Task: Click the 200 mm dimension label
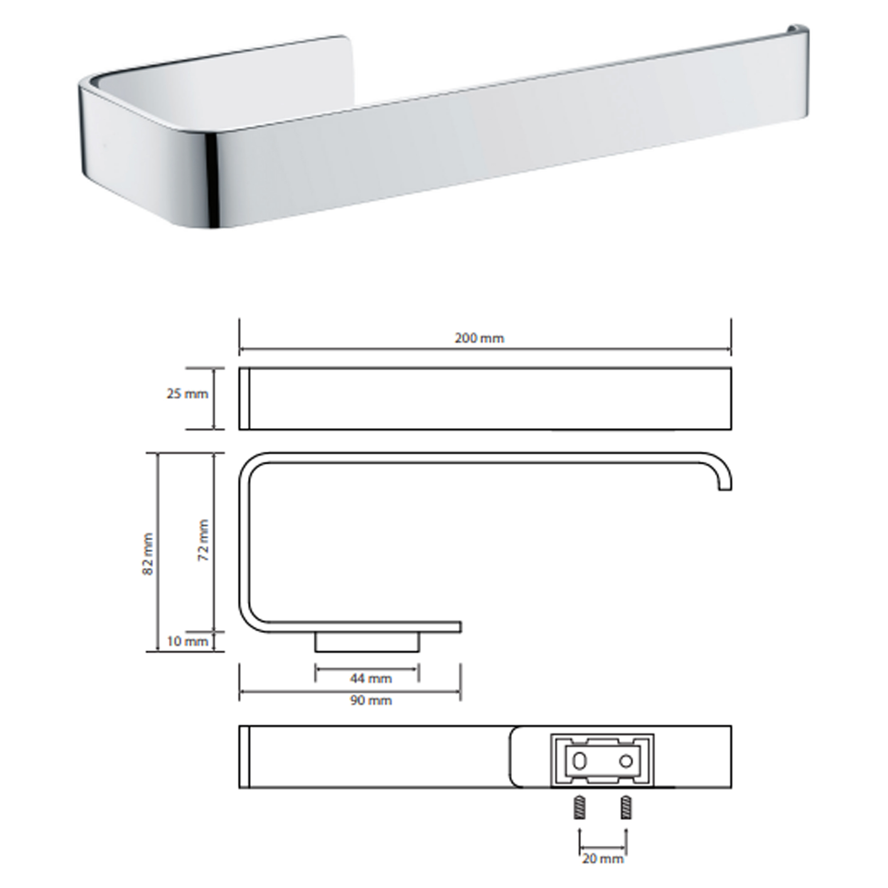pos(480,338)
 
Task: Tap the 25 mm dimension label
pos(187,394)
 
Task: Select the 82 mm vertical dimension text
pos(148,554)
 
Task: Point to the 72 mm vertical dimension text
pos(204,540)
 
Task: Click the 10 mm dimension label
pos(187,641)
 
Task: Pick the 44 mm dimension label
pos(371,678)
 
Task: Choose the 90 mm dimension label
pos(371,701)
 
